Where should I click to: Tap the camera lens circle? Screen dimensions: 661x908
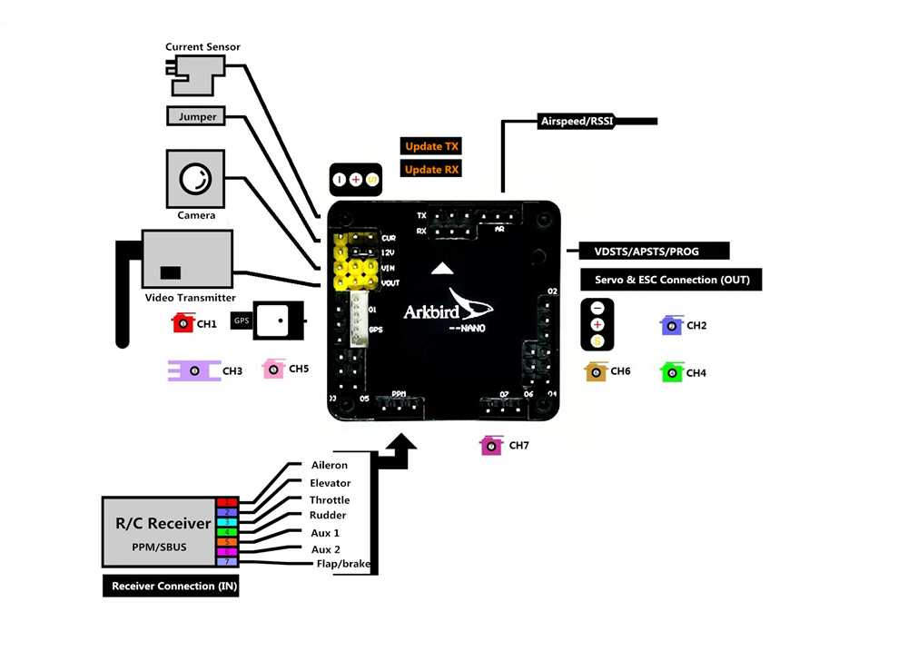(x=195, y=178)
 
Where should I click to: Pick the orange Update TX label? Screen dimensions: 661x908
(x=431, y=146)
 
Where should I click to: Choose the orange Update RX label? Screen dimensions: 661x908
(x=431, y=170)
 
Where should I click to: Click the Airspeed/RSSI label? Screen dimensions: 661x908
(x=576, y=121)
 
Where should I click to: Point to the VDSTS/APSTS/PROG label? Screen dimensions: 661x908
(x=646, y=252)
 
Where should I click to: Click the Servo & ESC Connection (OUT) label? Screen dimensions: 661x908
(x=671, y=280)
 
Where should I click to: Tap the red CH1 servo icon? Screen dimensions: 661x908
(x=183, y=323)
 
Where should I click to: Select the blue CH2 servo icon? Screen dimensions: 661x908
(x=671, y=325)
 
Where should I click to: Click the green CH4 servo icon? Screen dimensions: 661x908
(x=672, y=372)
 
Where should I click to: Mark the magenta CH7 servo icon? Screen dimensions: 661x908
(x=491, y=445)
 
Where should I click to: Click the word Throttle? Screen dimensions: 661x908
(x=329, y=500)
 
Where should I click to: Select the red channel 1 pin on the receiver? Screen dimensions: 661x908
(x=226, y=503)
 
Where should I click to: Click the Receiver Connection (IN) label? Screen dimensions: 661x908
(x=174, y=587)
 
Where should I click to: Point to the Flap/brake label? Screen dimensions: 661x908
(x=341, y=564)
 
